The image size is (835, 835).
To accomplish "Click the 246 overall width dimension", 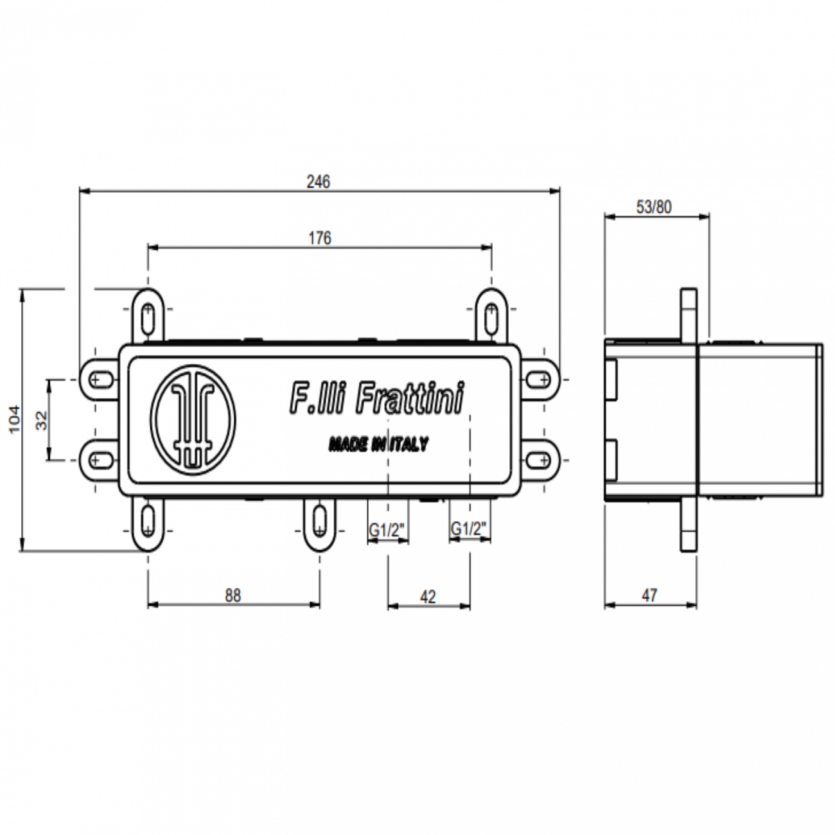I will [318, 182].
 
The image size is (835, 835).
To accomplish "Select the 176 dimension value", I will [319, 238].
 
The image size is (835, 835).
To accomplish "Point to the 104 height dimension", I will [15, 419].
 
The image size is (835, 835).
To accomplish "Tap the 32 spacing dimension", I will [41, 420].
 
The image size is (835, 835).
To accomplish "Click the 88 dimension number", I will [233, 595].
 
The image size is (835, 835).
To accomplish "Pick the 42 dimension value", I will [428, 597].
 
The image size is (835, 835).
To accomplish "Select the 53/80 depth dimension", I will [654, 207].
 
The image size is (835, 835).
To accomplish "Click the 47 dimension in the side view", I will [649, 595].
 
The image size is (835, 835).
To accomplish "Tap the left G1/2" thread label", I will [387, 530].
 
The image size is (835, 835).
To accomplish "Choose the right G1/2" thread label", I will [469, 529].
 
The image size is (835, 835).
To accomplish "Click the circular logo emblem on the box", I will [193, 419].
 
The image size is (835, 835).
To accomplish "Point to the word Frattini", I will [409, 398].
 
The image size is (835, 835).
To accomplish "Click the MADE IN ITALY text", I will [378, 444].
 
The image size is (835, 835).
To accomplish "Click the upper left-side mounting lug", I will [98, 380].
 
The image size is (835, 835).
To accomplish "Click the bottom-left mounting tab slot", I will [148, 523].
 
